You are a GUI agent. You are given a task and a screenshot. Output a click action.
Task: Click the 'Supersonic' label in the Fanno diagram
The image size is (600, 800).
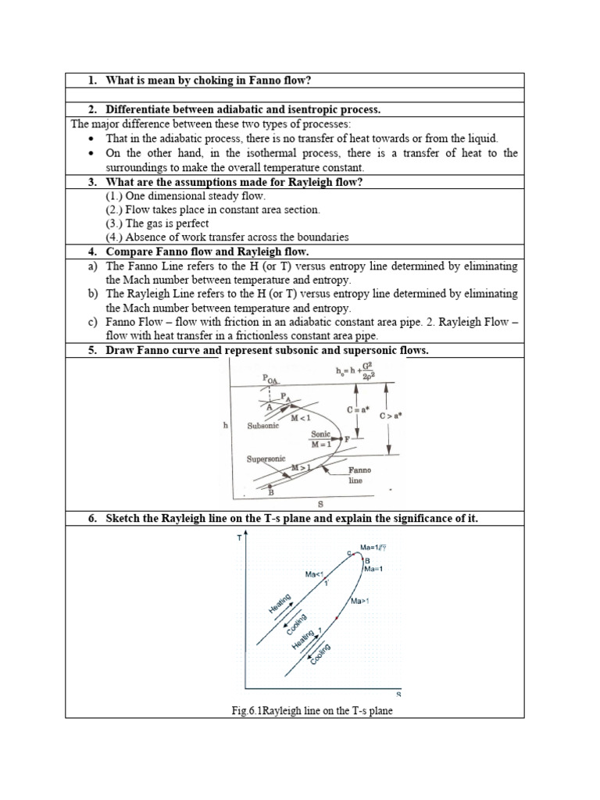(x=266, y=459)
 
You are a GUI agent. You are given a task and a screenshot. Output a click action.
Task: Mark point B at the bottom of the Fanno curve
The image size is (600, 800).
(x=270, y=492)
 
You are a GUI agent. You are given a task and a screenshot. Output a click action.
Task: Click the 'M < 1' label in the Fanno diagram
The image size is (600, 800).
(x=300, y=418)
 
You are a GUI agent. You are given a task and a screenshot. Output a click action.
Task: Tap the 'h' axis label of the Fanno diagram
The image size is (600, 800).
(x=227, y=426)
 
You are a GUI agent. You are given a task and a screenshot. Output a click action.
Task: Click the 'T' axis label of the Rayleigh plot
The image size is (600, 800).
(x=238, y=538)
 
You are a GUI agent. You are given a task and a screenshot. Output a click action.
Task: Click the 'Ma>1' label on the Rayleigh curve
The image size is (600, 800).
(x=359, y=601)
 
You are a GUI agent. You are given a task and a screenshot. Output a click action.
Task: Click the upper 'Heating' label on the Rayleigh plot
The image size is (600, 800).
(x=279, y=604)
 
